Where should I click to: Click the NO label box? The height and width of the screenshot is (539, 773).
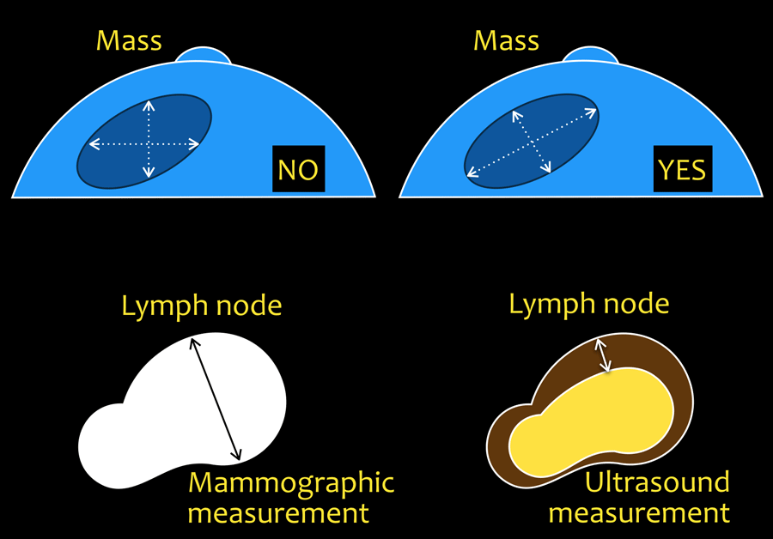[x=298, y=170]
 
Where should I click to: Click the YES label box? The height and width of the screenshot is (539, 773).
[x=682, y=170]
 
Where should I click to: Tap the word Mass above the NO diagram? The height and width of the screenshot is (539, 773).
[x=129, y=40]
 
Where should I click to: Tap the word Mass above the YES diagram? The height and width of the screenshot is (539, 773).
[x=506, y=40]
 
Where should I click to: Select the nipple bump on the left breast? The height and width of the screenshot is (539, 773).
[x=204, y=54]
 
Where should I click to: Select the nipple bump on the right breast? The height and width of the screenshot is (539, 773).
[x=590, y=54]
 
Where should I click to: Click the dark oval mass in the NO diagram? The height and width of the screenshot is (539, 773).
[x=112, y=163]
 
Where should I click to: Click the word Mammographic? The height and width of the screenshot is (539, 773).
[x=291, y=482]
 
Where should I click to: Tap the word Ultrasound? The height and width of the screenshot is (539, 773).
[x=656, y=482]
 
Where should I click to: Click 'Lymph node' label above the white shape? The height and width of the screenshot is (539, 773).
[x=201, y=306]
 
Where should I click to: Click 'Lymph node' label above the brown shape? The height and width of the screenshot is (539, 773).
[x=588, y=303]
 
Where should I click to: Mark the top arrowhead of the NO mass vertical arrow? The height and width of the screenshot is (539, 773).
[x=149, y=105]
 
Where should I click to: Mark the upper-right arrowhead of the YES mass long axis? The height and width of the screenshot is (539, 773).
[x=593, y=110]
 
